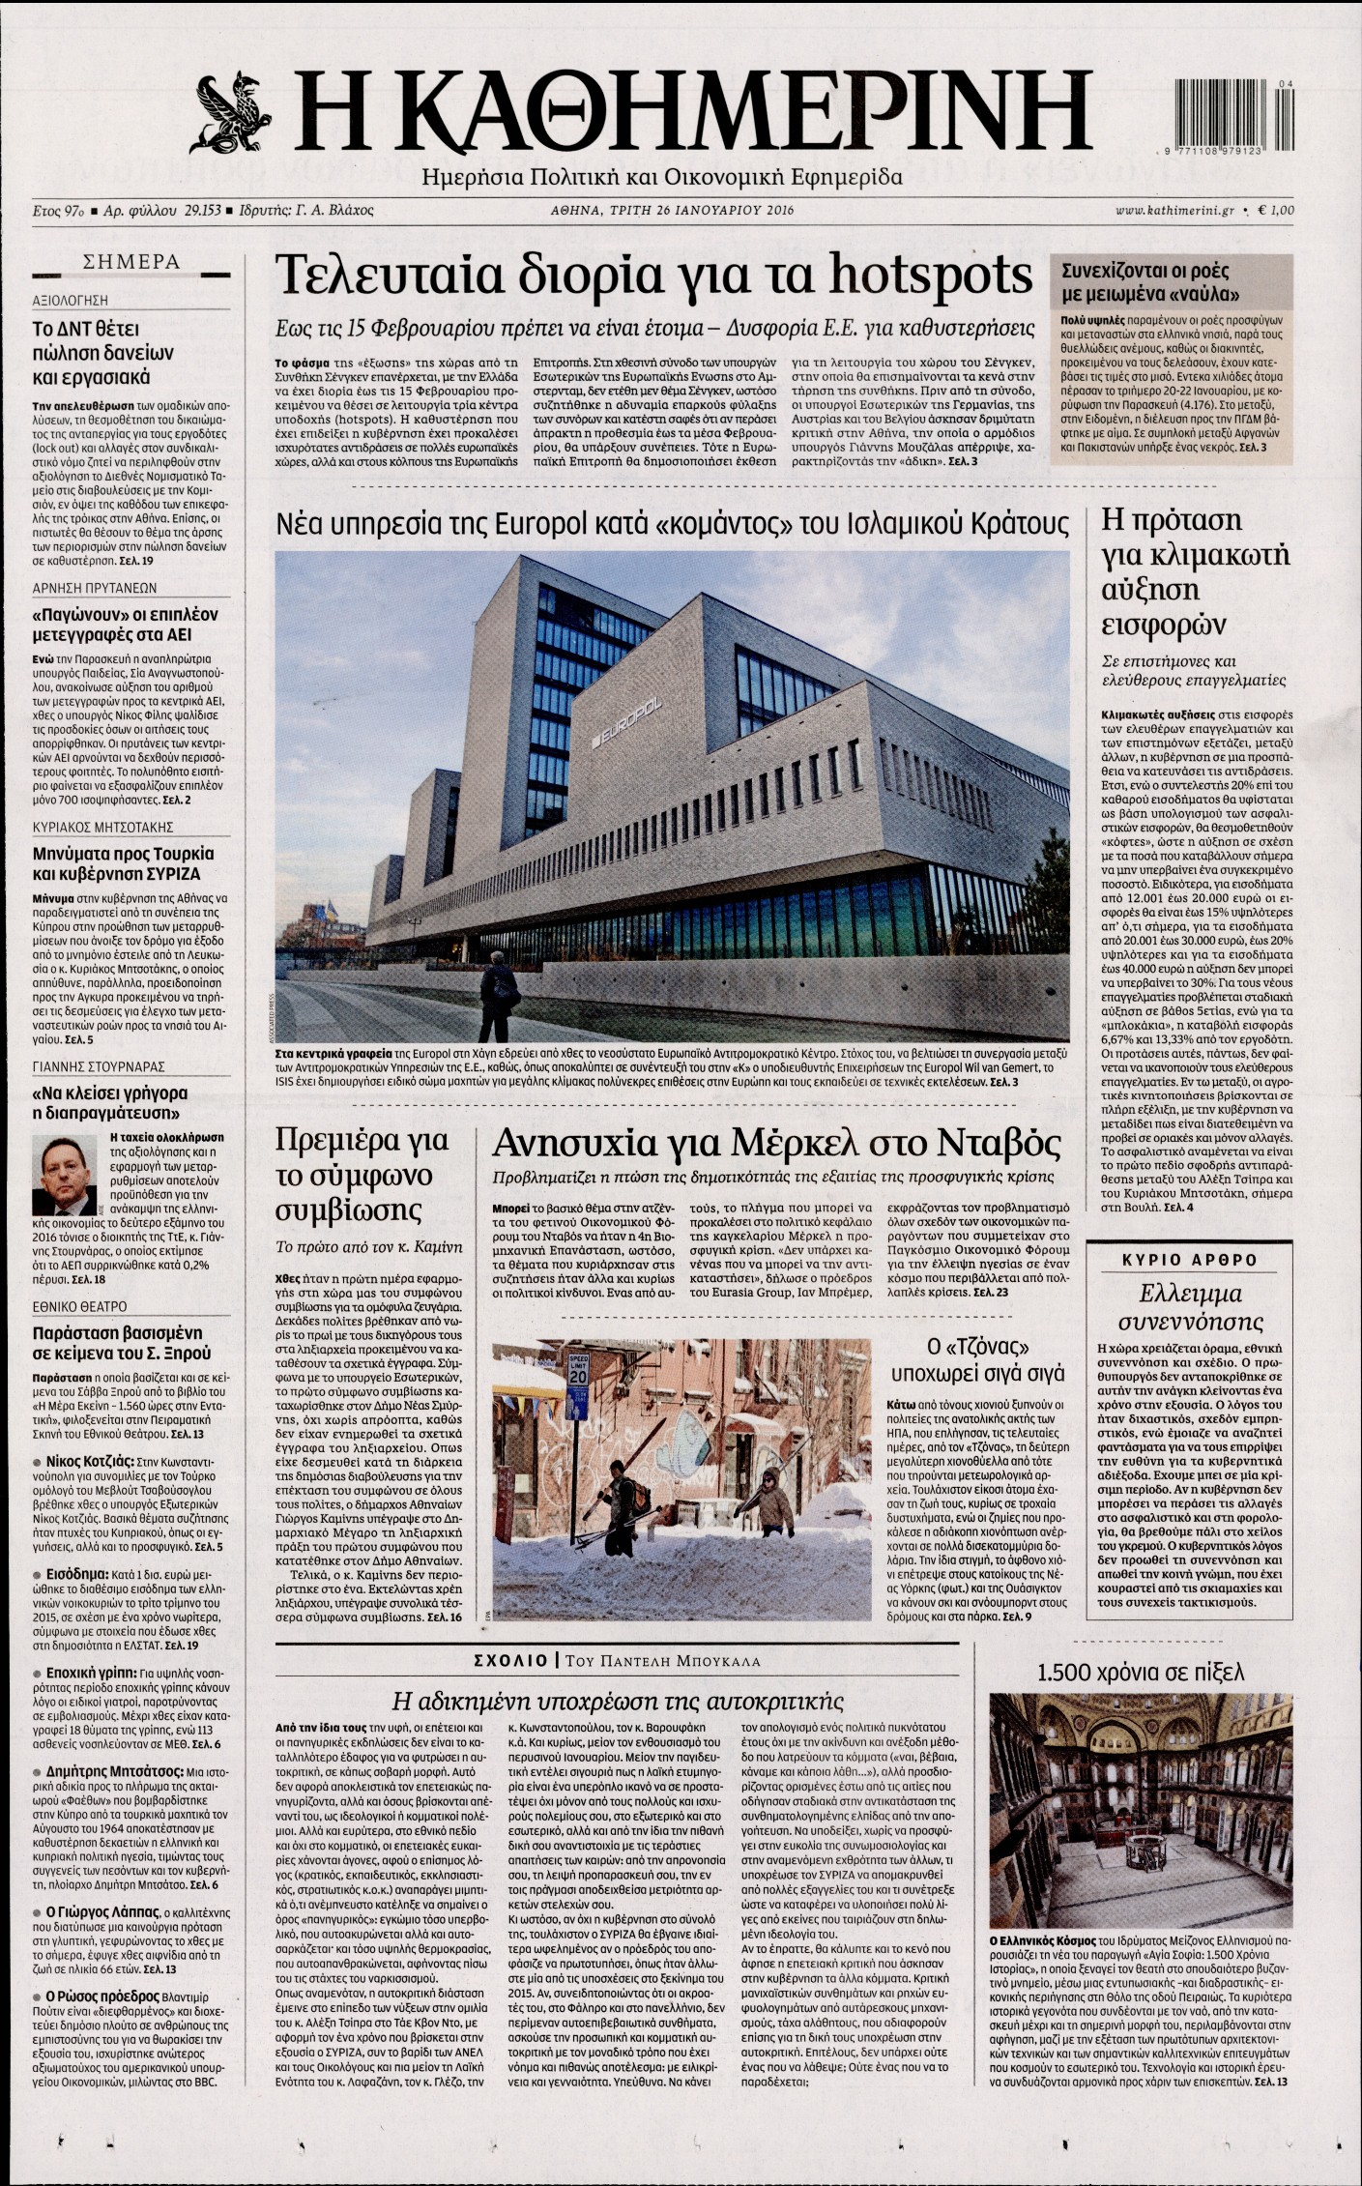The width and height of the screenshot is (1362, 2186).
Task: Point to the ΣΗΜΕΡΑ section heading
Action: (x=132, y=262)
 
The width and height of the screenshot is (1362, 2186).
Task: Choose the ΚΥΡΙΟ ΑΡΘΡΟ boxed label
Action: (x=1189, y=1260)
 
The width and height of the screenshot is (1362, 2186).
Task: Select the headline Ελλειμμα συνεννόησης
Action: (x=1189, y=1307)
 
